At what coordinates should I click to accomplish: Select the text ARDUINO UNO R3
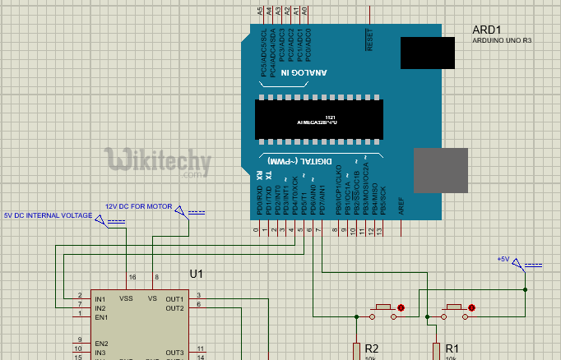pyautogui.click(x=501, y=41)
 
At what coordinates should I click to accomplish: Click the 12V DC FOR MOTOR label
pyautogui.click(x=138, y=206)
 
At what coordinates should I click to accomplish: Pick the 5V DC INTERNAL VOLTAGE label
pyautogui.click(x=49, y=215)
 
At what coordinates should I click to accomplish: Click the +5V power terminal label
pyautogui.click(x=503, y=259)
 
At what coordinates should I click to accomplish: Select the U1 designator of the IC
pyautogui.click(x=196, y=274)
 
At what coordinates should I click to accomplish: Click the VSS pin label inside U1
pyautogui.click(x=127, y=298)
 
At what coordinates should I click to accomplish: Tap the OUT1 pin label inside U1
pyautogui.click(x=174, y=298)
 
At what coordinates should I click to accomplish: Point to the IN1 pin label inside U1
pyautogui.click(x=100, y=298)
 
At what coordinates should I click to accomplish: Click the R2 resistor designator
pyautogui.click(x=371, y=348)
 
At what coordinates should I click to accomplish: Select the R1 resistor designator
pyautogui.click(x=452, y=348)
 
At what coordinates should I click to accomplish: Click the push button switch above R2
pyautogui.click(x=383, y=309)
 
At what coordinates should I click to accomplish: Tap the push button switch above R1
pyautogui.click(x=454, y=309)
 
